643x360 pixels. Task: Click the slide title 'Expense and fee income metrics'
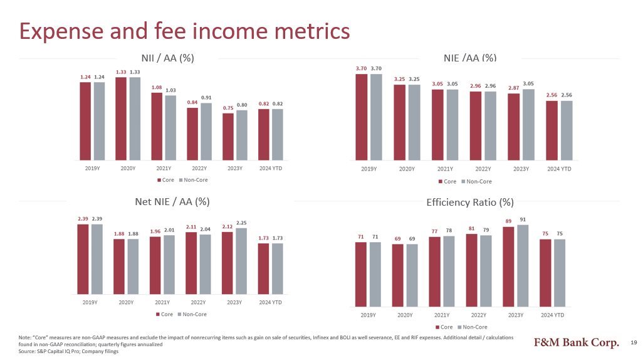point(184,31)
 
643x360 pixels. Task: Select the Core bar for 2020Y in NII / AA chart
point(121,119)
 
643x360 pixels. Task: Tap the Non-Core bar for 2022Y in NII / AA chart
point(206,131)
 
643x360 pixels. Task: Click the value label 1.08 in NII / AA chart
point(157,87)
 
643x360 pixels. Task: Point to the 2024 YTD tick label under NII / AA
point(271,168)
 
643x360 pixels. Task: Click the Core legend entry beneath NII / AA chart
point(165,180)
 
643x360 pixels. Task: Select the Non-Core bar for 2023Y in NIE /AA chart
point(528,125)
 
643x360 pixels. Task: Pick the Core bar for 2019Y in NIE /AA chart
point(362,117)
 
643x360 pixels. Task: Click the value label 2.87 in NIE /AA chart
point(513,88)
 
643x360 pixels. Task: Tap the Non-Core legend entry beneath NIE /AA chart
point(476,181)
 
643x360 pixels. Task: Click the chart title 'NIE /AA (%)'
point(470,58)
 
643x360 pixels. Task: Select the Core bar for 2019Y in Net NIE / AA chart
point(83,259)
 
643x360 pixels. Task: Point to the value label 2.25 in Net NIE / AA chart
point(241,223)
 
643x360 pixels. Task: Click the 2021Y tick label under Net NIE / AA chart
point(162,302)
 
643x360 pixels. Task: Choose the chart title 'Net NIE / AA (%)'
point(172,201)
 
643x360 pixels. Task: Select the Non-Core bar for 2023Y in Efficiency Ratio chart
point(523,265)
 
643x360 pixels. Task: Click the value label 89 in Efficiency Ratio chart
point(508,221)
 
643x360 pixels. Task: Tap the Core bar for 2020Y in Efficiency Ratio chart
point(398,275)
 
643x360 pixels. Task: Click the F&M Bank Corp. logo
point(577,342)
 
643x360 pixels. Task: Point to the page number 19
point(634,342)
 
